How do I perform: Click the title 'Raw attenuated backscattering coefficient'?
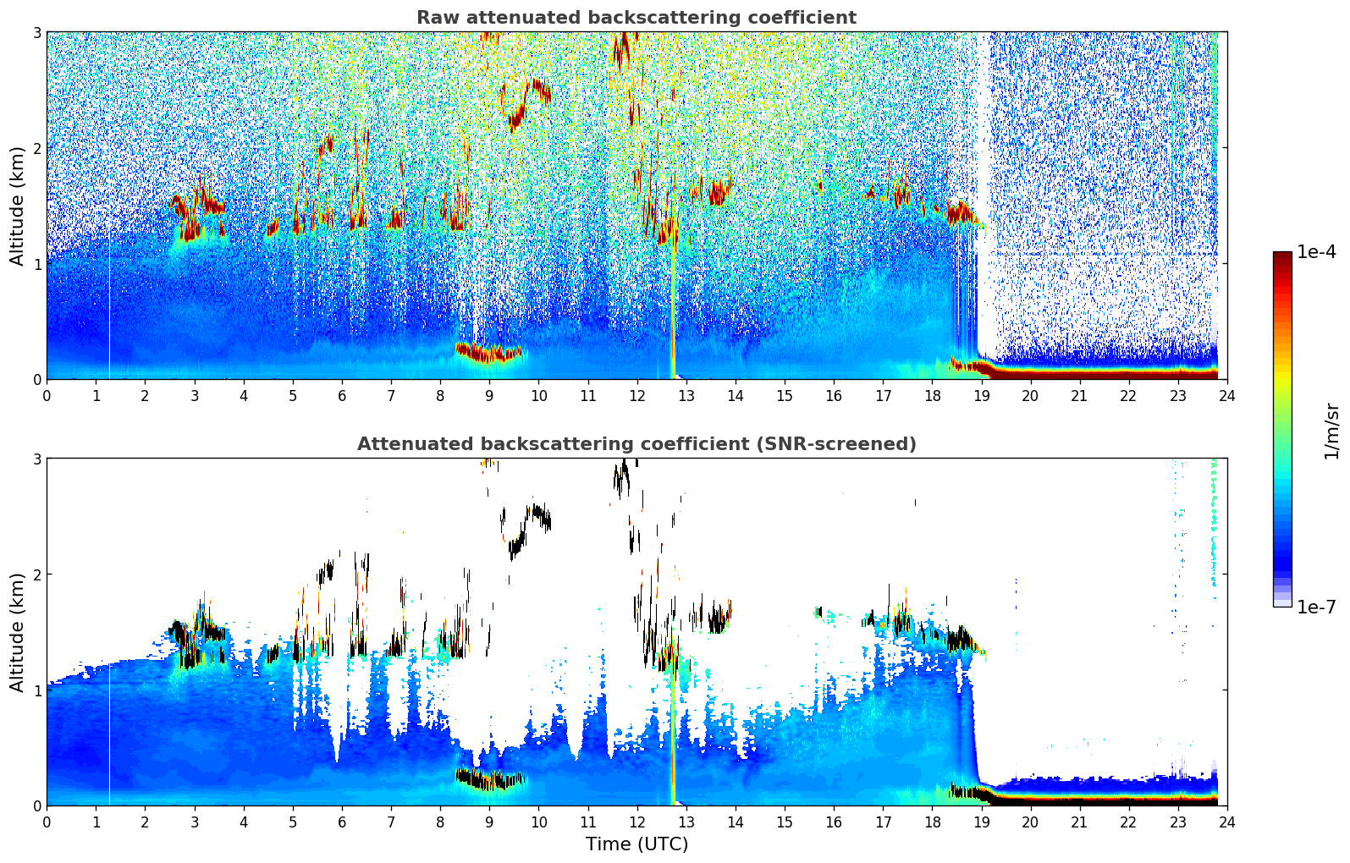point(636,18)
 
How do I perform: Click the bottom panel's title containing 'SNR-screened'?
point(636,444)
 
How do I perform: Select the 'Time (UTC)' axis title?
point(636,844)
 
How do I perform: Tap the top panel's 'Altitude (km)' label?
point(17,206)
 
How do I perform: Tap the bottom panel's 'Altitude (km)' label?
point(17,632)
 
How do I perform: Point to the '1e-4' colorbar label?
point(1316,252)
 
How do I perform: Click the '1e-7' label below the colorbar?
point(1316,607)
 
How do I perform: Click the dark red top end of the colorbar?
point(1281,256)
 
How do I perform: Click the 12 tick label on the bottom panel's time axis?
point(636,822)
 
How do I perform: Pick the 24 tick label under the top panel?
point(1226,395)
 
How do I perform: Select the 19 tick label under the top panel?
point(981,395)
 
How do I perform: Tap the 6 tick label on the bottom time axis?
point(342,822)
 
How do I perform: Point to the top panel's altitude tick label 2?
point(36,148)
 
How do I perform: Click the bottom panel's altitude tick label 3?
point(36,459)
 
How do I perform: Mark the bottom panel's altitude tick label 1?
point(36,690)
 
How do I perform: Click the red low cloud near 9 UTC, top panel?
point(488,353)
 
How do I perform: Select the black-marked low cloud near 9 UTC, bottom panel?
point(488,779)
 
